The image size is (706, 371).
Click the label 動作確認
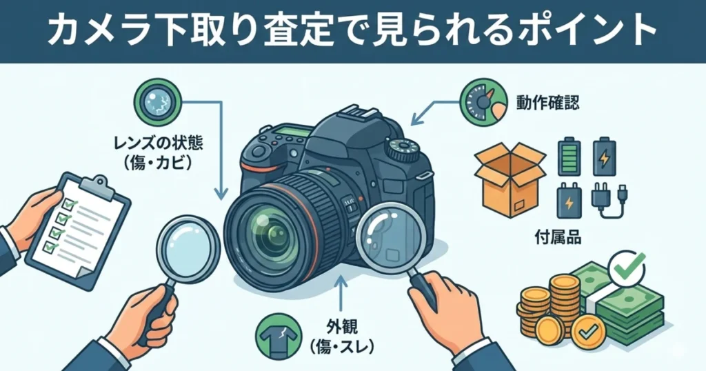coord(548,103)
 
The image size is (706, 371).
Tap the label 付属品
coord(558,239)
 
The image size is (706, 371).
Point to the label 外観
coord(339,324)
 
